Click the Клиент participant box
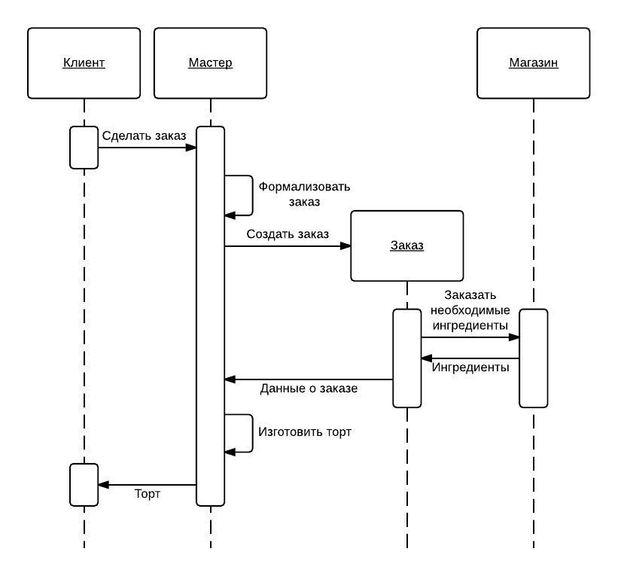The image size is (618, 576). tap(84, 63)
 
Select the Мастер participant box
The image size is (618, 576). tap(211, 63)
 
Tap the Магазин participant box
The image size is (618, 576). tap(533, 63)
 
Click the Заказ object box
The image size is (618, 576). tap(407, 246)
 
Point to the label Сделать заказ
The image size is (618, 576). tap(144, 136)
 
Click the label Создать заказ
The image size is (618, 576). tap(288, 234)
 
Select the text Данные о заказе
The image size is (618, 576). tap(309, 389)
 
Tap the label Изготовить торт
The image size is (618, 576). tap(305, 432)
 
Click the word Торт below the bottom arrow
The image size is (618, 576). tap(148, 494)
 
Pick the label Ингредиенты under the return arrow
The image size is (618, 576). tap(470, 367)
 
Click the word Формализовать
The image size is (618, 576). tap(304, 187)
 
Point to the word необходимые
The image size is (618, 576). tap(470, 310)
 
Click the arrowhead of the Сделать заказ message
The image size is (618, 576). tap(191, 148)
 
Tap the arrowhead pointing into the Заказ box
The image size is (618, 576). tap(346, 246)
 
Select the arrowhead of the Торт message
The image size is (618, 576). tap(103, 485)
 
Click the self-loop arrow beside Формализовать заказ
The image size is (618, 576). tap(252, 196)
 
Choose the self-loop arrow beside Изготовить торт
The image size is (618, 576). tap(252, 433)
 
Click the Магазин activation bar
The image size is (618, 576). tap(533, 358)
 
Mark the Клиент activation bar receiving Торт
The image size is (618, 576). tap(84, 485)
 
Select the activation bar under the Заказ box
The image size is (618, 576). tap(407, 358)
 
